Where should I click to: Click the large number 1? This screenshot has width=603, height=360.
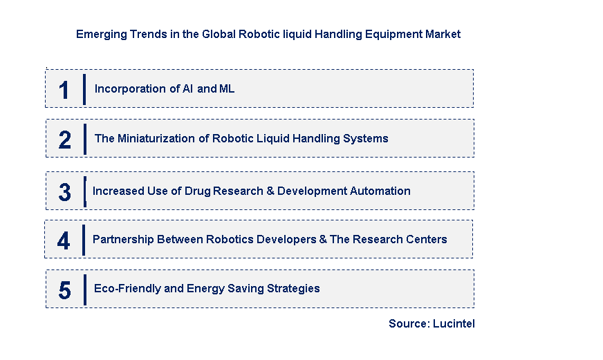click(x=64, y=91)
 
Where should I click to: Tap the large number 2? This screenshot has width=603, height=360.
click(x=64, y=140)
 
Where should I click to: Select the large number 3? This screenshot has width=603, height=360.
click(x=64, y=192)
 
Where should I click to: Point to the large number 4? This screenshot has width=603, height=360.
click(x=64, y=241)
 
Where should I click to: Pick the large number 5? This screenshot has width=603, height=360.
click(x=64, y=290)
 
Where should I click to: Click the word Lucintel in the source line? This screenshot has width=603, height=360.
click(x=454, y=323)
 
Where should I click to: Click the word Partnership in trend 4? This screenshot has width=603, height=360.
click(x=123, y=239)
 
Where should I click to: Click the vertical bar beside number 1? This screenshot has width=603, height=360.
click(x=84, y=90)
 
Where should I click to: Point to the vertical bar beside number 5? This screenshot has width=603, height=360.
click(x=85, y=290)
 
